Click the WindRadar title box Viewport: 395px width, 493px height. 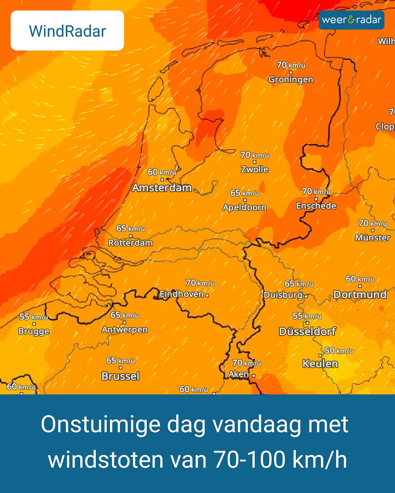pyautogui.click(x=67, y=31)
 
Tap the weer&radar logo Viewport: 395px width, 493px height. pyautogui.click(x=351, y=20)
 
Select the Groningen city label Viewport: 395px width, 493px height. pyautogui.click(x=290, y=79)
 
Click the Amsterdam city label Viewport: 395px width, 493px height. pyautogui.click(x=162, y=188)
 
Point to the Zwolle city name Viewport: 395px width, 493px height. pyautogui.click(x=254, y=169)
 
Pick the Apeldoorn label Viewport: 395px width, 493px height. pyautogui.click(x=244, y=207)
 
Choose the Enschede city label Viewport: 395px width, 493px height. pyautogui.click(x=316, y=205)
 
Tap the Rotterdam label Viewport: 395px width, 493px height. pyautogui.click(x=130, y=243)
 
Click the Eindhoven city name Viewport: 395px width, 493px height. pyautogui.click(x=181, y=294)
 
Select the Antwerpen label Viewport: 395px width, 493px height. pyautogui.click(x=124, y=329)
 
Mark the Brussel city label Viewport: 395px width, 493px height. pyautogui.click(x=120, y=376)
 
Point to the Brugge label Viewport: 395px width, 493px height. pyautogui.click(x=34, y=331)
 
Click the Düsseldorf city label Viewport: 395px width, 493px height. pyautogui.click(x=307, y=331)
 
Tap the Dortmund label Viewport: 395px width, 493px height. pyautogui.click(x=360, y=294)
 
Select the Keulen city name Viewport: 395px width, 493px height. pyautogui.click(x=320, y=364)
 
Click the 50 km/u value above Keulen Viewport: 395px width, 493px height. pyautogui.click(x=339, y=351)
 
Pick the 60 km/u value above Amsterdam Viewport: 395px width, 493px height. pyautogui.click(x=162, y=172)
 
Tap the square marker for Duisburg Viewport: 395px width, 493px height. pyautogui.click(x=306, y=295)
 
